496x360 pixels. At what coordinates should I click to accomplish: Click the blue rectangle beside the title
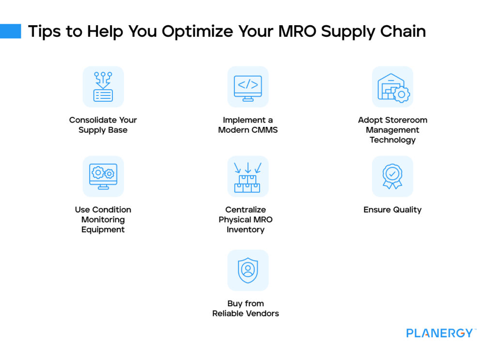pyautogui.click(x=10, y=31)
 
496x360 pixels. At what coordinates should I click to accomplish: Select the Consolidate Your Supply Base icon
pyautogui.click(x=103, y=87)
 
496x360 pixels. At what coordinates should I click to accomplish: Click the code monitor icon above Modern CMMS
pyautogui.click(x=248, y=87)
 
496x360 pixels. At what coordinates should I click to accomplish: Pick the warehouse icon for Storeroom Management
pyautogui.click(x=392, y=87)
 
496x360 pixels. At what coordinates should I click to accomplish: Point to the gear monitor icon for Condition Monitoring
pyautogui.click(x=103, y=176)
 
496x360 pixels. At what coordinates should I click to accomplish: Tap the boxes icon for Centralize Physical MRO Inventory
pyautogui.click(x=248, y=176)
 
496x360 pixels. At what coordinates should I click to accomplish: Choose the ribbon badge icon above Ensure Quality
pyautogui.click(x=392, y=176)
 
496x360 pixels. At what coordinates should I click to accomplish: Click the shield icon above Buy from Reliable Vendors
pyautogui.click(x=248, y=270)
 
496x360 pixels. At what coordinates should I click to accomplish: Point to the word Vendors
pyautogui.click(x=262, y=313)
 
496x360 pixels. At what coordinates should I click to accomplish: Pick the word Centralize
pyautogui.click(x=246, y=210)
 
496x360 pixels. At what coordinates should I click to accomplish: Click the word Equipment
pyautogui.click(x=103, y=230)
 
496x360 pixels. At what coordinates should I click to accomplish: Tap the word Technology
pyautogui.click(x=392, y=140)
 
